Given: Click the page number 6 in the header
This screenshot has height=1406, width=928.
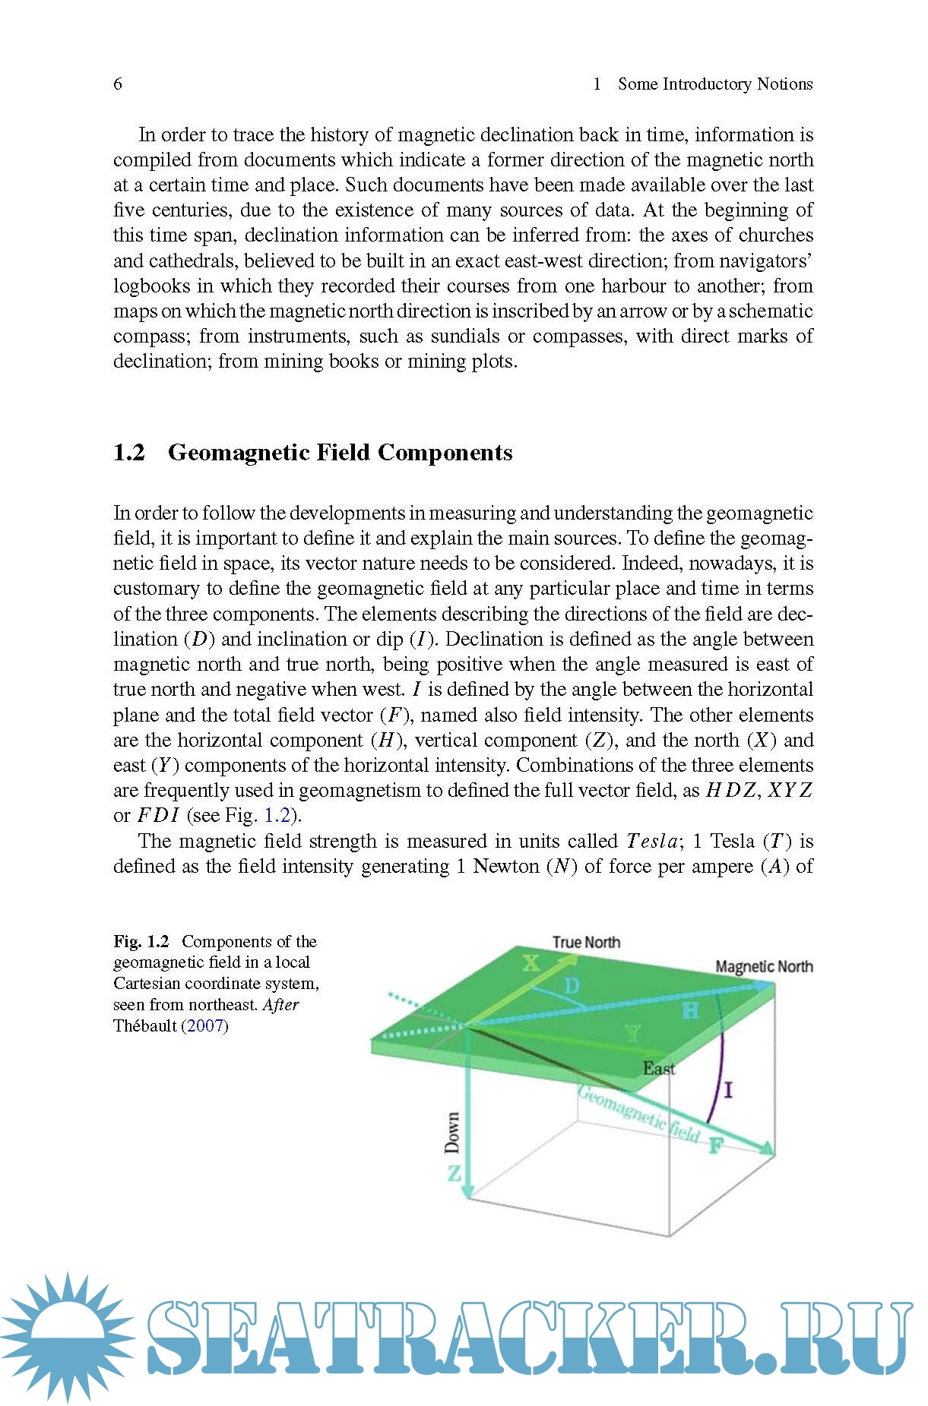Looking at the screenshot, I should [x=118, y=84].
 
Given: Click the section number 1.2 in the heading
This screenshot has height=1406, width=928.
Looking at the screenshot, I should [x=129, y=453].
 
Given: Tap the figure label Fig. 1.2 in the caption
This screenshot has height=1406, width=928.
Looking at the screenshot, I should [x=141, y=942].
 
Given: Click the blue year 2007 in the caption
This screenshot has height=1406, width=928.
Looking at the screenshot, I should [x=205, y=1026].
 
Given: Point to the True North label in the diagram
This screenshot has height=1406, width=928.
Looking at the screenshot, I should [x=586, y=943].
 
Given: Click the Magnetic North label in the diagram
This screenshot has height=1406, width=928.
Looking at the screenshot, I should [x=764, y=966].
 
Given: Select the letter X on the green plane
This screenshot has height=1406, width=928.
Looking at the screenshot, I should [x=531, y=964].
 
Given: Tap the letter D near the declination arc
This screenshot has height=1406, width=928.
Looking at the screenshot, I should [x=572, y=986].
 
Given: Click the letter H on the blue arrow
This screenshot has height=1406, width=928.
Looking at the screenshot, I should [x=690, y=1010].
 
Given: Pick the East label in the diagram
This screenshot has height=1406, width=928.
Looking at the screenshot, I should [x=658, y=1069].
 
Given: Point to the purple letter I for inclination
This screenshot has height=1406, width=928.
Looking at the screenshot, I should [x=728, y=1091].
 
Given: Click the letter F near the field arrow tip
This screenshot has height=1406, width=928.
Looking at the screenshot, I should [x=715, y=1145].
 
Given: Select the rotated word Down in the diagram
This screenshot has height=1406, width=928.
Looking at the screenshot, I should [x=452, y=1133].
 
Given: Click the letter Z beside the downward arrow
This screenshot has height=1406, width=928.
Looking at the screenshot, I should [x=454, y=1174].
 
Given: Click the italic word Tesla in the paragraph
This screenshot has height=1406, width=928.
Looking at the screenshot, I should [x=654, y=842].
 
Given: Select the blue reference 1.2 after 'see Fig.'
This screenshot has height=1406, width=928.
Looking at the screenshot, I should [x=277, y=816].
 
